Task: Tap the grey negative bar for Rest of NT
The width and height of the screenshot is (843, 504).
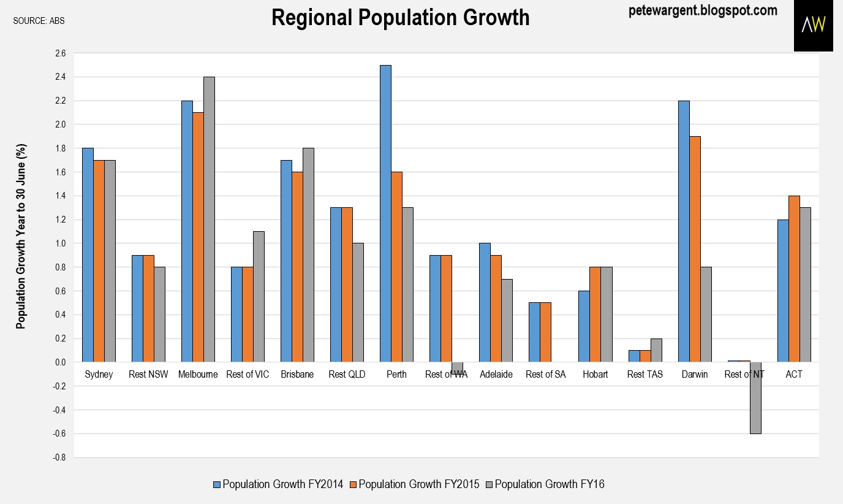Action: point(755,398)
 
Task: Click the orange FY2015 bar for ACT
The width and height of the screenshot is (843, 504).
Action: point(793,279)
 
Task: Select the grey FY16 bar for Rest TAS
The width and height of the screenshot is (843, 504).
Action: point(656,350)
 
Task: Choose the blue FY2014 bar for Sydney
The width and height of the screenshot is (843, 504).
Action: point(88,255)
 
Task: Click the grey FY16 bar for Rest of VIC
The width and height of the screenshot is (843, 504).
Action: point(259,297)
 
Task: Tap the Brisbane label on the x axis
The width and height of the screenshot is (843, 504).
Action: point(297,375)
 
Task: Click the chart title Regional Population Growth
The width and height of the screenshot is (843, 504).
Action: point(400,18)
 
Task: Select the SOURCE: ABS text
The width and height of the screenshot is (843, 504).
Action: point(39,21)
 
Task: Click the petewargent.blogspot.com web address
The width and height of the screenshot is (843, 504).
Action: point(703,10)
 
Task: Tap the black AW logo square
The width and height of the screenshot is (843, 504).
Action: point(814,25)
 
